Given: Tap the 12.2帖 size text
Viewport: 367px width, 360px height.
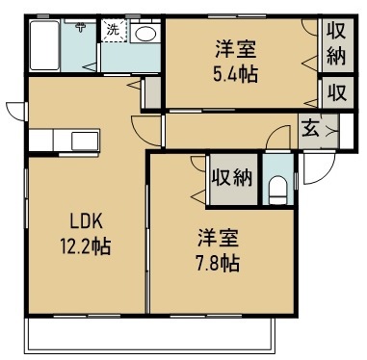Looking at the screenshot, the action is (x=86, y=246).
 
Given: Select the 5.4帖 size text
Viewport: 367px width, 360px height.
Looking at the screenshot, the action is (x=235, y=74).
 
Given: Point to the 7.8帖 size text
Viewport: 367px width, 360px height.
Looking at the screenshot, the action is (x=218, y=264).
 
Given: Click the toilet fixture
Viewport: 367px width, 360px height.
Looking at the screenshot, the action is (x=278, y=191).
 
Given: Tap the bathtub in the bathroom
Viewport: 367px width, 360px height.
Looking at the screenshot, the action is (x=44, y=45).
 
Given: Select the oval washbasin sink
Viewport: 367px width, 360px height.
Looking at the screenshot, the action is (x=145, y=34).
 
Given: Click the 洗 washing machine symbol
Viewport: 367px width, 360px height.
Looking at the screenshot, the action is (x=113, y=30).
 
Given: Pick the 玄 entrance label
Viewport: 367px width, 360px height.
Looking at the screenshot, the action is (x=310, y=129).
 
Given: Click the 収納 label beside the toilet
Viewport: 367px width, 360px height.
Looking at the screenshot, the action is (x=232, y=178).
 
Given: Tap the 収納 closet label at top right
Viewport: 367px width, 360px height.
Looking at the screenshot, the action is (x=336, y=44).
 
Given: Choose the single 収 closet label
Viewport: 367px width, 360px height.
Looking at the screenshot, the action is (x=337, y=92).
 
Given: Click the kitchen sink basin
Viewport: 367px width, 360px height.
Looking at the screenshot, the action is (x=85, y=141).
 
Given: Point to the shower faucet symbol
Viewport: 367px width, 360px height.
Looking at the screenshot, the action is (x=80, y=26).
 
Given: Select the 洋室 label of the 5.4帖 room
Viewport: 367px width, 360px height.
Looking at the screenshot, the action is (x=236, y=50).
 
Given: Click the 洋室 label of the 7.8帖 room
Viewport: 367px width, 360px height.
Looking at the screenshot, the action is (x=219, y=239).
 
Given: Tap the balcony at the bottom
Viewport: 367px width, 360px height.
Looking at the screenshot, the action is (x=150, y=335).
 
